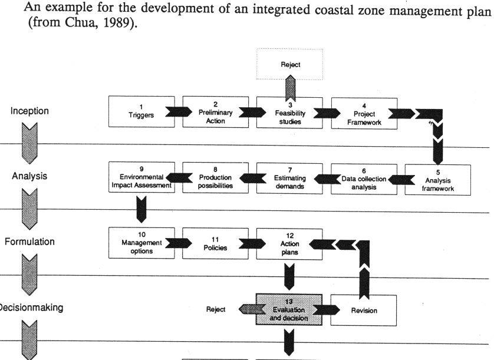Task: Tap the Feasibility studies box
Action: pos(289,111)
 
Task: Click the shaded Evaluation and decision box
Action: pos(289,309)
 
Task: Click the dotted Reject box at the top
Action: pos(289,65)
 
